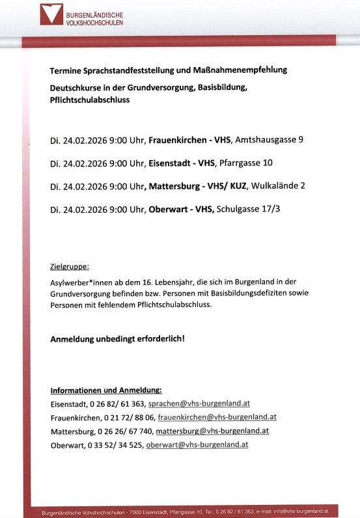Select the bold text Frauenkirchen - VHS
189,140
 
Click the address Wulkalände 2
277,185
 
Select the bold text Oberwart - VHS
181,209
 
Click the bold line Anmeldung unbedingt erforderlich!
118,339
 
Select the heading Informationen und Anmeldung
106,390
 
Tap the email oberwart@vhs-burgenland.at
197,445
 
